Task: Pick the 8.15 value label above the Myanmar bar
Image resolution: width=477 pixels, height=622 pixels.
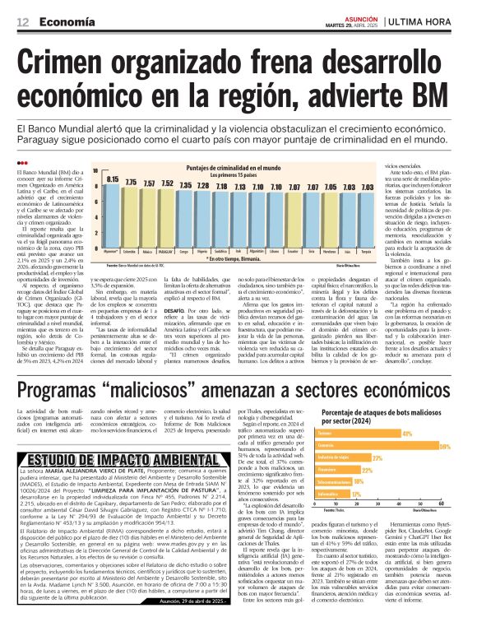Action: (x=112, y=179)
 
